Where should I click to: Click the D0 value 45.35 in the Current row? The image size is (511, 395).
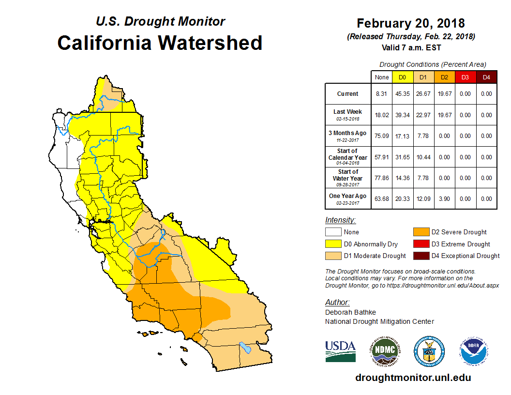(x=402, y=94)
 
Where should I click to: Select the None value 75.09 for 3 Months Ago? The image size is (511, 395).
(x=381, y=136)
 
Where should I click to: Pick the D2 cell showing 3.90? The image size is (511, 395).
(x=444, y=198)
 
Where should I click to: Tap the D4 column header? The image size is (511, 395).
(x=486, y=77)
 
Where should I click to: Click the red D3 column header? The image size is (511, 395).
(x=465, y=77)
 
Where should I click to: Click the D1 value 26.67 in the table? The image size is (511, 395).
(x=423, y=94)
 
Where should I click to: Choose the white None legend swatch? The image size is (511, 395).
(x=332, y=232)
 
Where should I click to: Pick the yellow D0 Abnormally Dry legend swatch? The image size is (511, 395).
(x=332, y=244)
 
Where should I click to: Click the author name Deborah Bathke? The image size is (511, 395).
(x=350, y=312)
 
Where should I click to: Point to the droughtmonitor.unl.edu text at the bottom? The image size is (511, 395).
(x=413, y=378)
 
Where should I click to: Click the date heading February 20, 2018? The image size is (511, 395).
(x=411, y=23)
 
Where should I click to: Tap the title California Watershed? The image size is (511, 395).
(x=160, y=43)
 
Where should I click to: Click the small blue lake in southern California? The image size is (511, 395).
(x=246, y=348)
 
